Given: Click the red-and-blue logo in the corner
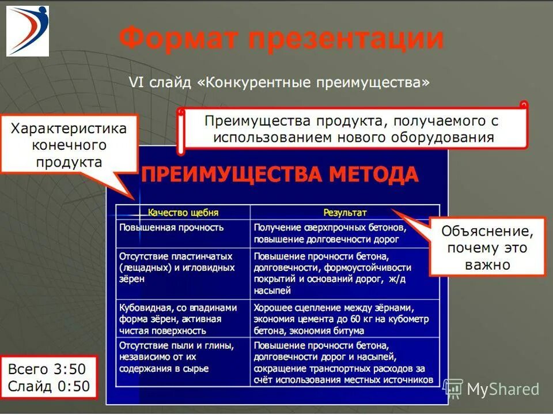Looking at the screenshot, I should [x=28, y=31].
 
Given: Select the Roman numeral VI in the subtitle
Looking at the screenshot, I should [x=136, y=83].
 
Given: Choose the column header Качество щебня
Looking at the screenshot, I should [x=183, y=212].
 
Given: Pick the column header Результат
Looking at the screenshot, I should [x=344, y=212].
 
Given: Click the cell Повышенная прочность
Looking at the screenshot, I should [x=172, y=227].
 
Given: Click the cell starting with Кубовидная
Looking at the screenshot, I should [x=178, y=319].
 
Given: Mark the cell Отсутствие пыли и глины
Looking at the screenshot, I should [x=176, y=357].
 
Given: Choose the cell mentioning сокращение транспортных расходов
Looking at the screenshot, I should [x=343, y=363].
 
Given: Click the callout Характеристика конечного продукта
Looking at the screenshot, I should [x=69, y=144].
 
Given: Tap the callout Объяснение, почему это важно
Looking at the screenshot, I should [x=487, y=248].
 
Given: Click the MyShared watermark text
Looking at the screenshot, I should [x=503, y=389].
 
